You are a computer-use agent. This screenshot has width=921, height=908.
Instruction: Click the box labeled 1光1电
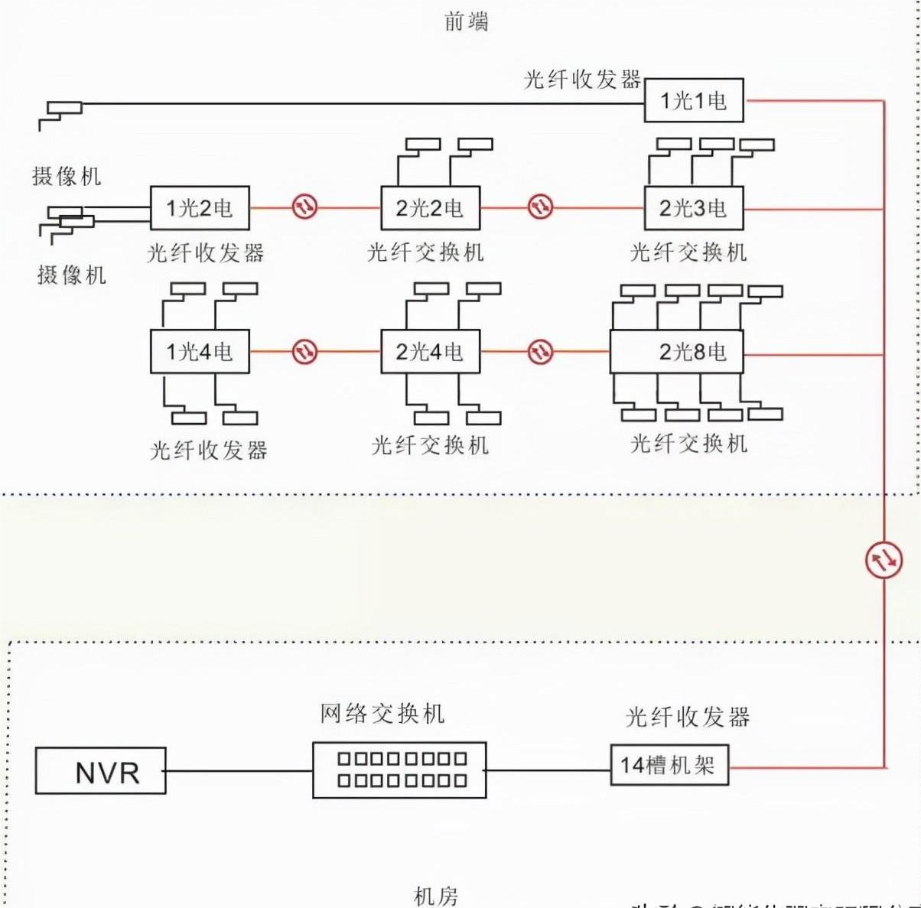pyautogui.click(x=693, y=100)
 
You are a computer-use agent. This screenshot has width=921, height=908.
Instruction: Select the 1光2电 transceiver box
pyautogui.click(x=200, y=207)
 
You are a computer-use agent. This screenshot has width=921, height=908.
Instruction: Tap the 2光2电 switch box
pyautogui.click(x=430, y=207)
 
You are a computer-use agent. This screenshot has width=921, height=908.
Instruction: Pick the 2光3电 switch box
pyautogui.click(x=693, y=207)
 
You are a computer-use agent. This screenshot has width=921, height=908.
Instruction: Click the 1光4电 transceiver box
pyautogui.click(x=200, y=351)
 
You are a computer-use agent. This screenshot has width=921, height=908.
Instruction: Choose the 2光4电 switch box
pyautogui.click(x=430, y=351)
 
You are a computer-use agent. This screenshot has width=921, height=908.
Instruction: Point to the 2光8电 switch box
pyautogui.click(x=676, y=351)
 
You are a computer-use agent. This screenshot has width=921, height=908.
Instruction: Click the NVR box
pyautogui.click(x=100, y=770)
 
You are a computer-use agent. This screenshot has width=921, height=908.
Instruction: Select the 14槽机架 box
pyautogui.click(x=669, y=765)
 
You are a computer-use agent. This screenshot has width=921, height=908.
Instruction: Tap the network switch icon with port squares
pyautogui.click(x=399, y=770)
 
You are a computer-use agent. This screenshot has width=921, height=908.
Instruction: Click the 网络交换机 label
pyautogui.click(x=382, y=714)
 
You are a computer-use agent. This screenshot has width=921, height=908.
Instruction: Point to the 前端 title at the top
pyautogui.click(x=466, y=21)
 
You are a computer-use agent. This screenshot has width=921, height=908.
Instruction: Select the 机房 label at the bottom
pyautogui.click(x=436, y=896)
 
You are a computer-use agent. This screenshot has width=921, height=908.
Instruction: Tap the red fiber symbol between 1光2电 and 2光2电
pyautogui.click(x=304, y=207)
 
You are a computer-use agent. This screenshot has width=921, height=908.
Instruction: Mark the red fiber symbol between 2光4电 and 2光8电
pyautogui.click(x=540, y=351)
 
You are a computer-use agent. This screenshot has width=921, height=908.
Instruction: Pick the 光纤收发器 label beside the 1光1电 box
pyautogui.click(x=582, y=80)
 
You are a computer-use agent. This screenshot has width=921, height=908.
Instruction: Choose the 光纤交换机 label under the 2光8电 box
pyautogui.click(x=688, y=444)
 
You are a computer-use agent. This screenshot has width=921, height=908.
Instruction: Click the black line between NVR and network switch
pyautogui.click(x=239, y=770)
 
